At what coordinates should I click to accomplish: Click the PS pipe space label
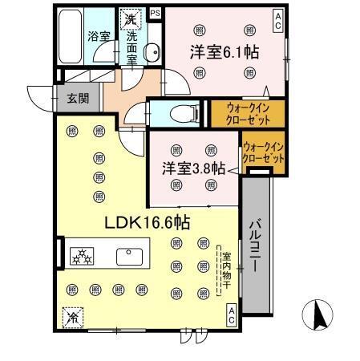[x=154, y=14]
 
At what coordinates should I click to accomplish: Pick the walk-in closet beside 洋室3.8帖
[x=263, y=153]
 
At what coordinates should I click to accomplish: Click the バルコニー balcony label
[x=253, y=245]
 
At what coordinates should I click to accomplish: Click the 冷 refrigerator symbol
[x=74, y=316]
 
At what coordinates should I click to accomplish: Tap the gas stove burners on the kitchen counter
[x=83, y=257]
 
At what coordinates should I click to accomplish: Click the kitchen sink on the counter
[x=129, y=257]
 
